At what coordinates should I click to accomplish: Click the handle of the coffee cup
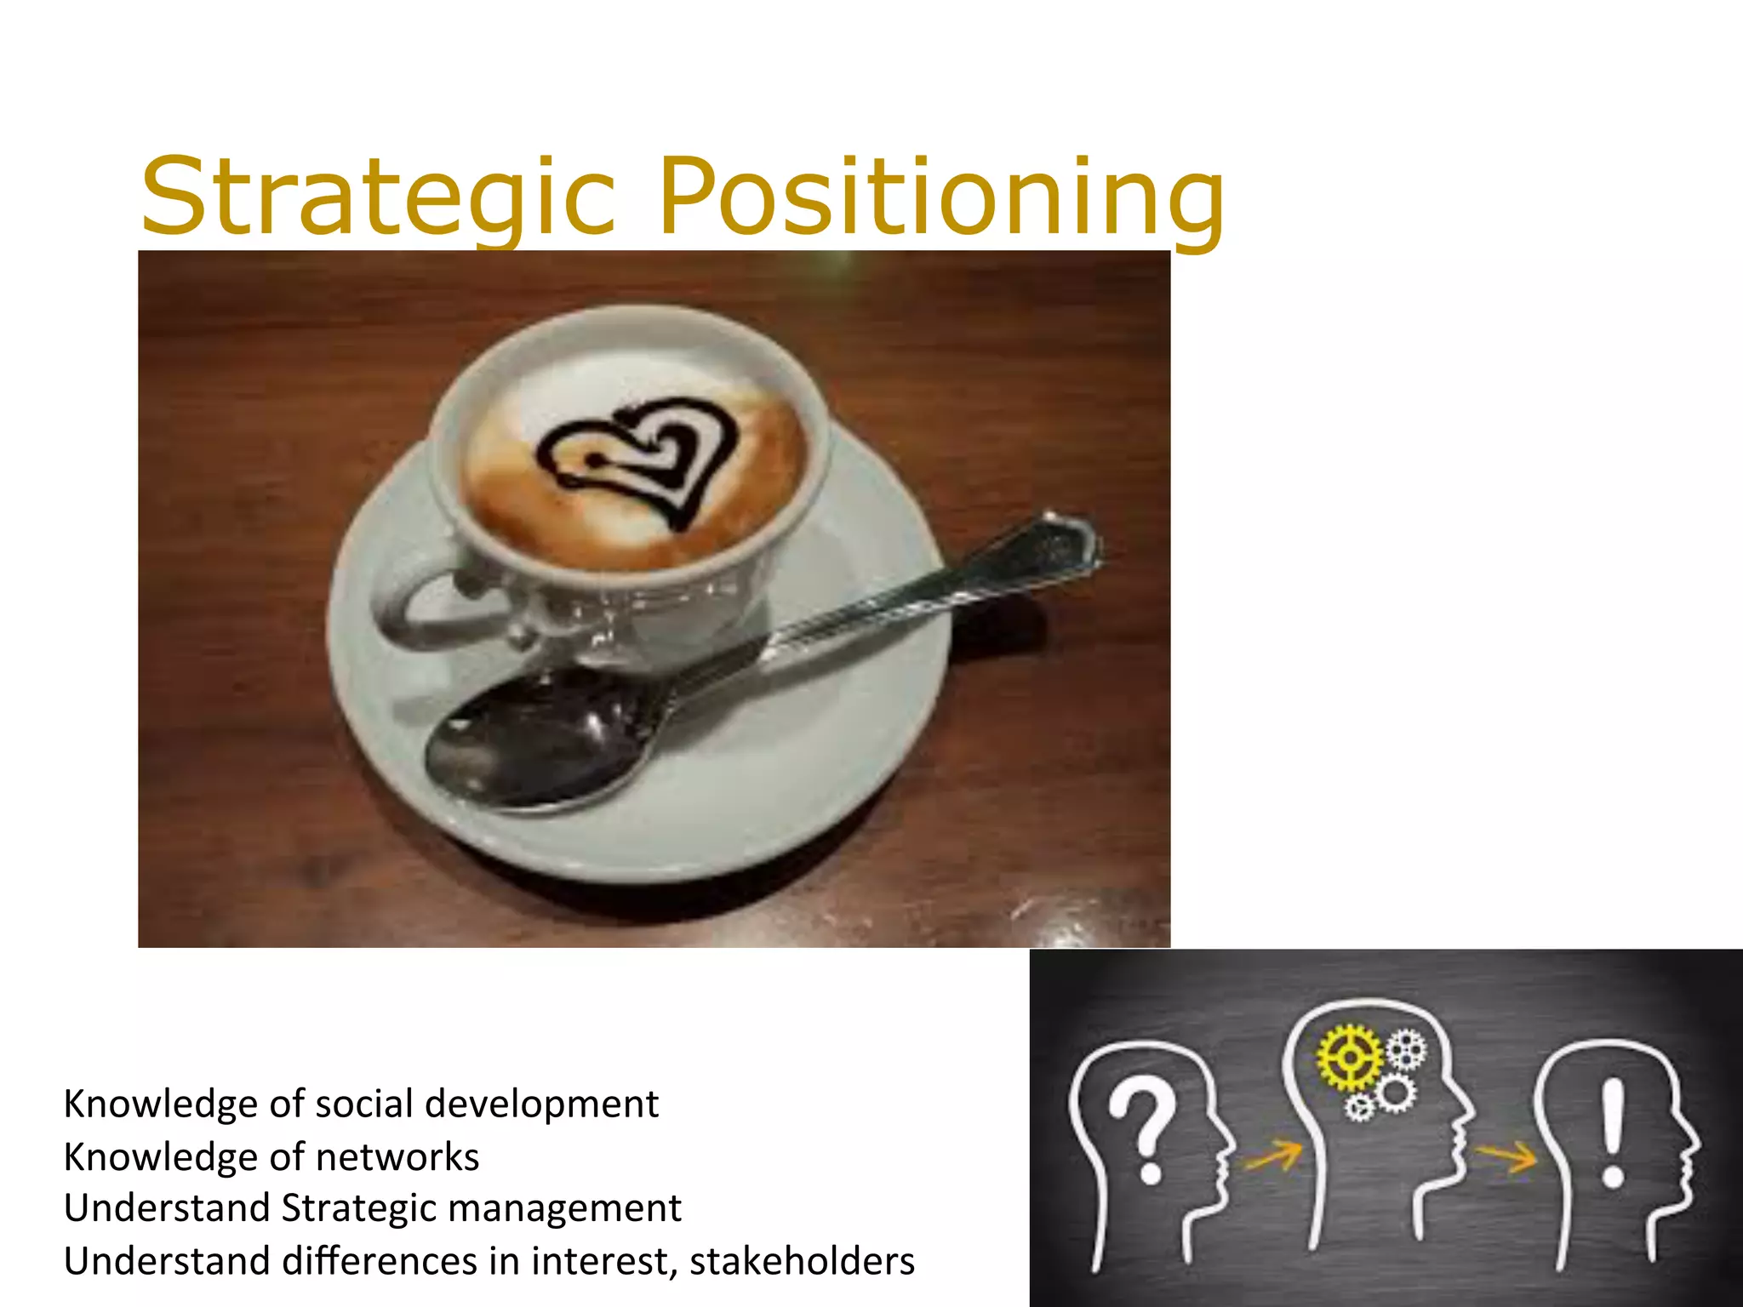click(417, 604)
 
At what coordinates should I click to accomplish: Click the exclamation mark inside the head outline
click(1613, 1132)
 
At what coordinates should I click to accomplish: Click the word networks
click(397, 1157)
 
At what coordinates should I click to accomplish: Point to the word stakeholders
click(802, 1261)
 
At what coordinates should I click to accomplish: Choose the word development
click(541, 1104)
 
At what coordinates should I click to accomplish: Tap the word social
click(365, 1104)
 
